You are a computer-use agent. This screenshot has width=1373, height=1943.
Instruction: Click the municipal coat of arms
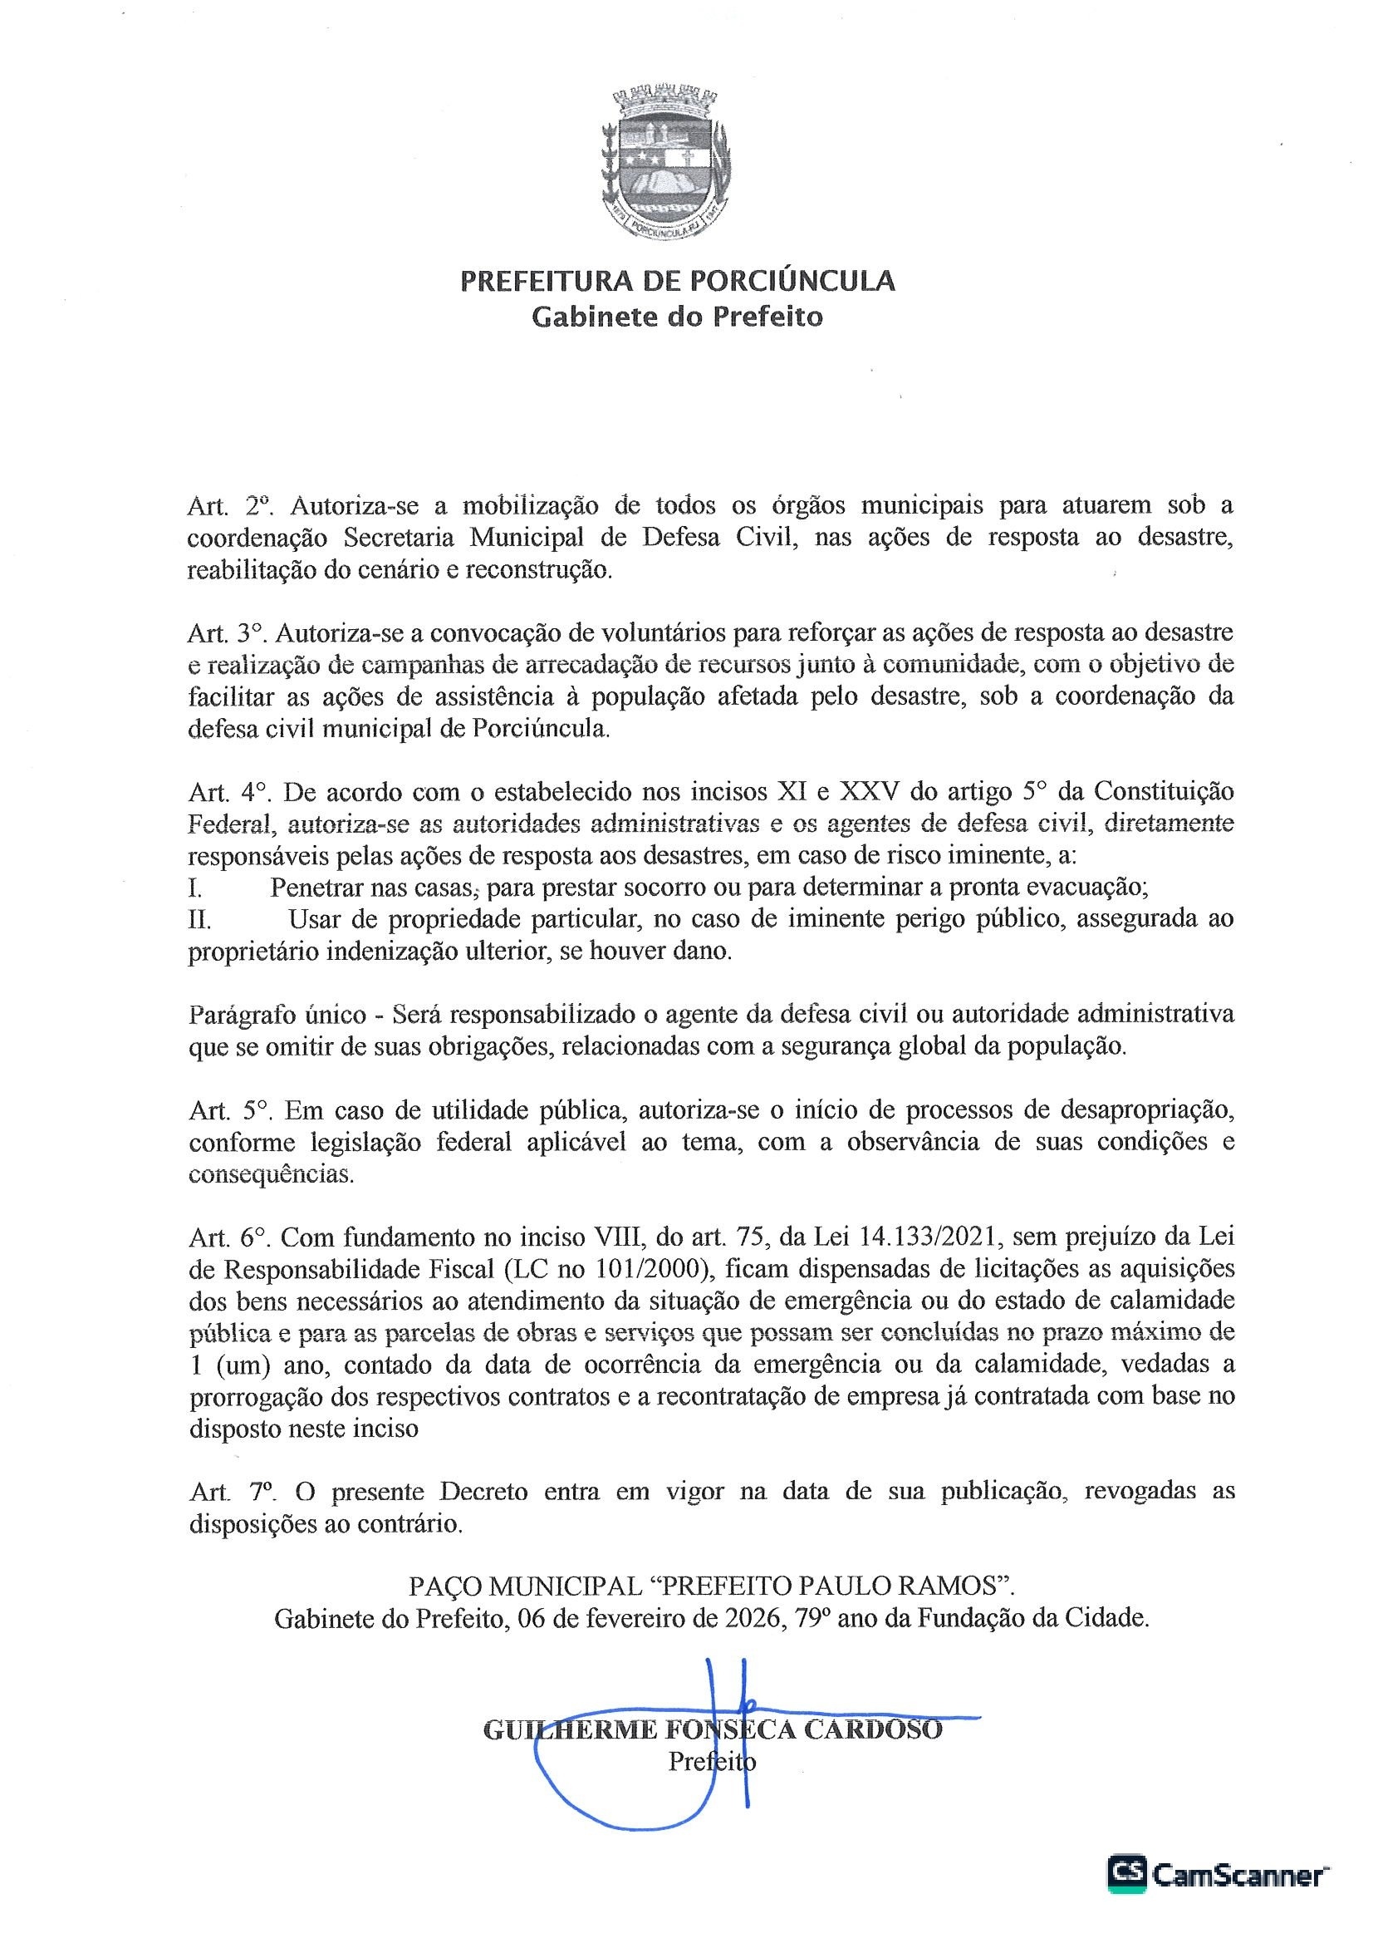[666, 159]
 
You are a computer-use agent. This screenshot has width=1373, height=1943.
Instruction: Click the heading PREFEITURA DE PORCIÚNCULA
[678, 280]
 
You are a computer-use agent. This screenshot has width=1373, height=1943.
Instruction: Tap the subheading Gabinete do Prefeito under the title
[677, 317]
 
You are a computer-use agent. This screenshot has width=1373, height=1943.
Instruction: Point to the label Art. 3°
[228, 633]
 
